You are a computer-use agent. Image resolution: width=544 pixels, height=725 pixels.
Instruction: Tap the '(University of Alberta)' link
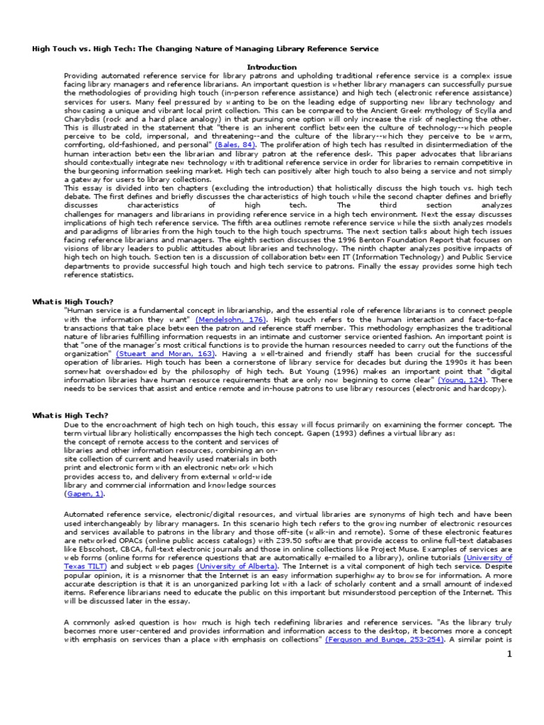click(237, 566)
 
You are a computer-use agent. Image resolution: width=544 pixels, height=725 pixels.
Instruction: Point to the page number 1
click(508, 655)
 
